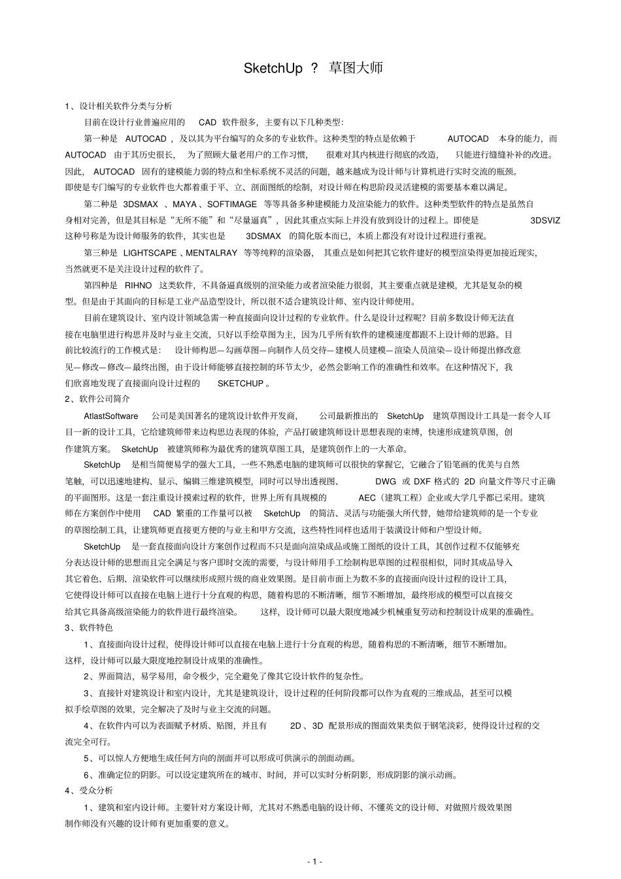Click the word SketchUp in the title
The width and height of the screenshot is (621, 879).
point(273,68)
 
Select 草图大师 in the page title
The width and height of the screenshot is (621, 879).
point(356,68)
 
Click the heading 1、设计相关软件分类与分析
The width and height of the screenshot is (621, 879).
point(118,106)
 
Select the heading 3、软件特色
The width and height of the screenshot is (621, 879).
point(89,627)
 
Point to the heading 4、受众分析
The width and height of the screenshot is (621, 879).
point(89,790)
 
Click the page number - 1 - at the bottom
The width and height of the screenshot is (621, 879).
point(314,861)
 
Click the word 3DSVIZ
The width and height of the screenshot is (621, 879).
point(545,220)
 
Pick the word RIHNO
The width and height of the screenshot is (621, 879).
point(137,286)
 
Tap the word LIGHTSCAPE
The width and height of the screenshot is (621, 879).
point(150,253)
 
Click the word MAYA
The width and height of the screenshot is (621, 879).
point(184,204)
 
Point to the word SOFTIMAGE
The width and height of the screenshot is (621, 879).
point(232,204)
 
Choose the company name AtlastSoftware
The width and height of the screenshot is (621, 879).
point(110,416)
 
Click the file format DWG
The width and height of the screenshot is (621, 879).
point(386,481)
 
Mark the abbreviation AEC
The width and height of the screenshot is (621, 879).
point(367,497)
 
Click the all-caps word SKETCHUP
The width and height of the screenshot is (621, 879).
point(240,384)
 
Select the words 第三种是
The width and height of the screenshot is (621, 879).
point(101,253)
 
